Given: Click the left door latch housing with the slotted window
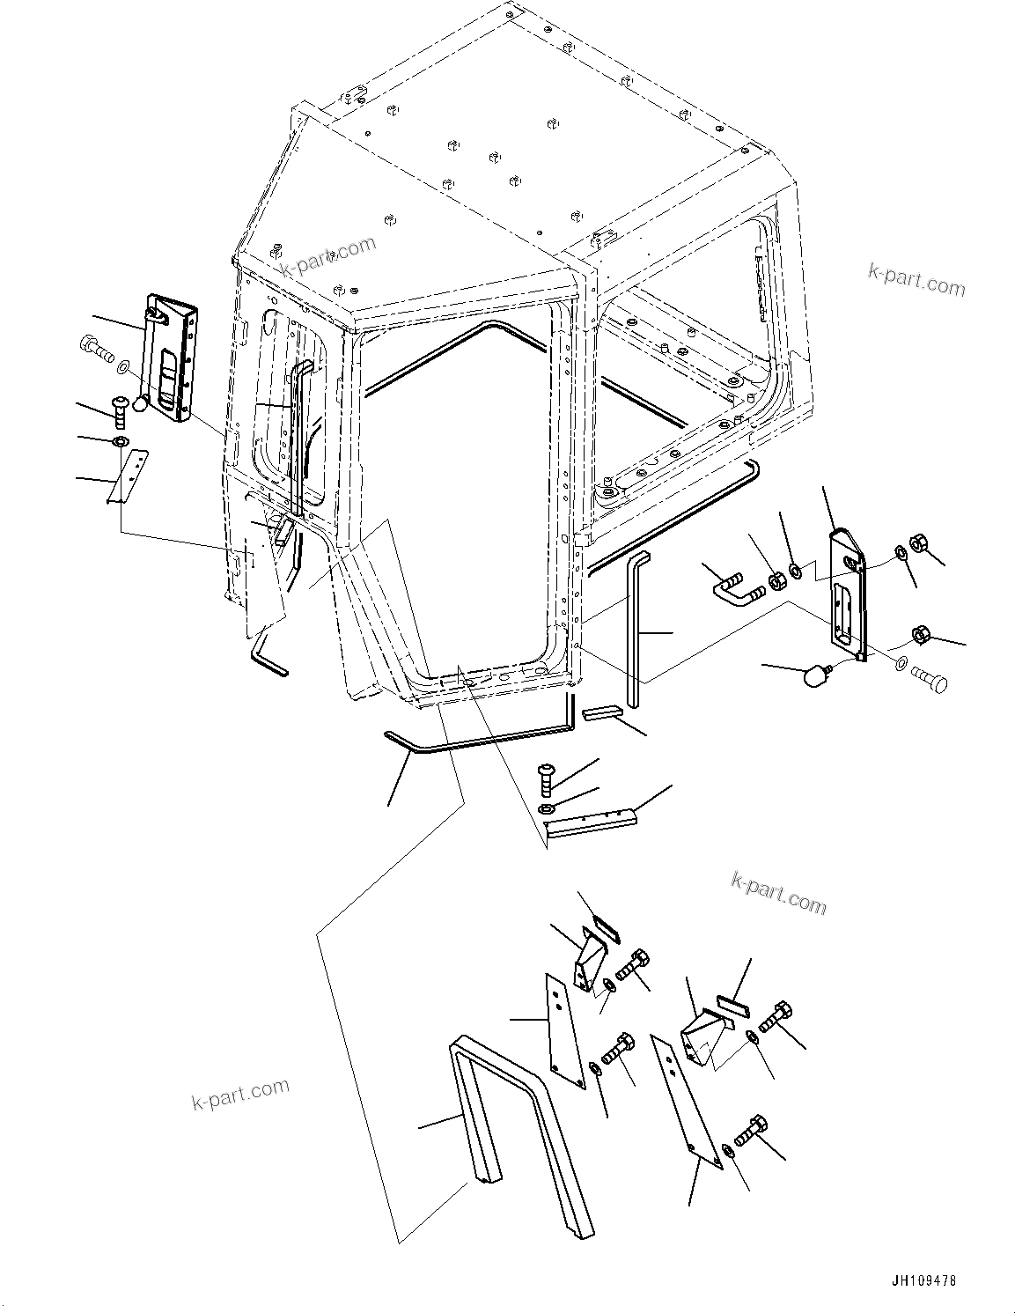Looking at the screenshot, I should tap(173, 358).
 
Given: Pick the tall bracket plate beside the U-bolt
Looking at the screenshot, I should tap(847, 593).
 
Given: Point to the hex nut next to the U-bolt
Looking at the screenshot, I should tap(777, 581).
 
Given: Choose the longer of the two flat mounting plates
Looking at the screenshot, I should tap(685, 1102).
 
